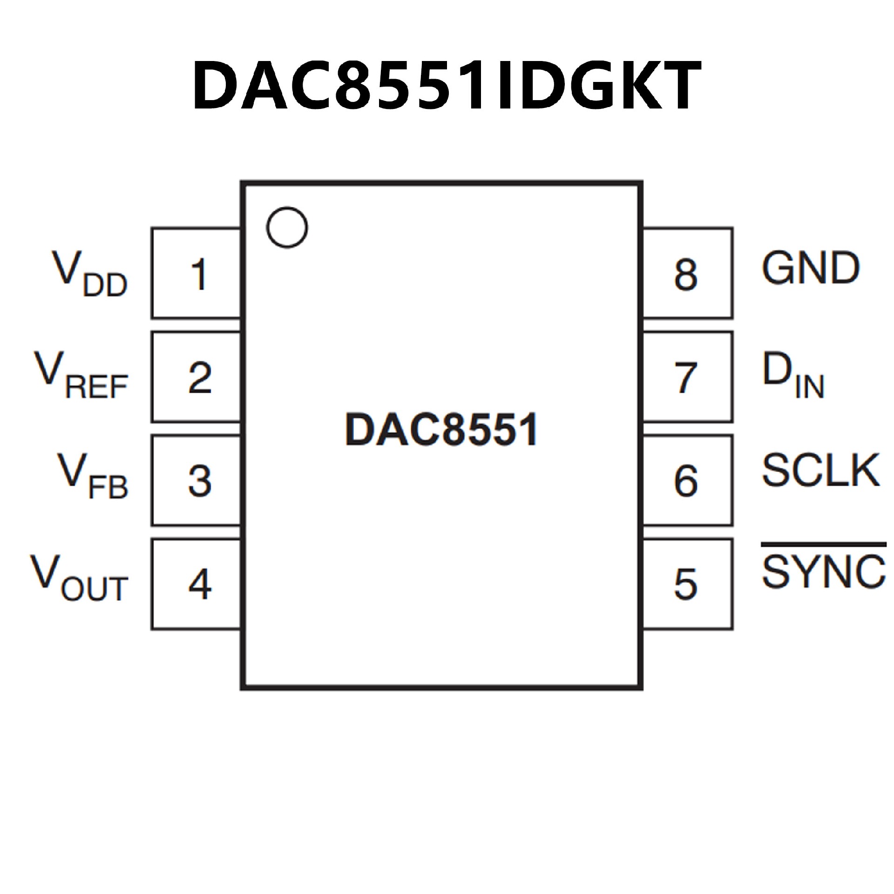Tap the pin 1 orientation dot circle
287,227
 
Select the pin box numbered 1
196,274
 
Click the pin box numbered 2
196,377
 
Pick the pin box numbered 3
196,481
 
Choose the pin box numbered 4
196,584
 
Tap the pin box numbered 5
687,584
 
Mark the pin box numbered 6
687,481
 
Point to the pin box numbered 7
687,377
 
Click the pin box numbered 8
687,274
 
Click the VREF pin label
81,376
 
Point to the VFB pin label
92,478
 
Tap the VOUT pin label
79,578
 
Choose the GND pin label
810,268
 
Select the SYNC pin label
823,572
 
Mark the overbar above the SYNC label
823,544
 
